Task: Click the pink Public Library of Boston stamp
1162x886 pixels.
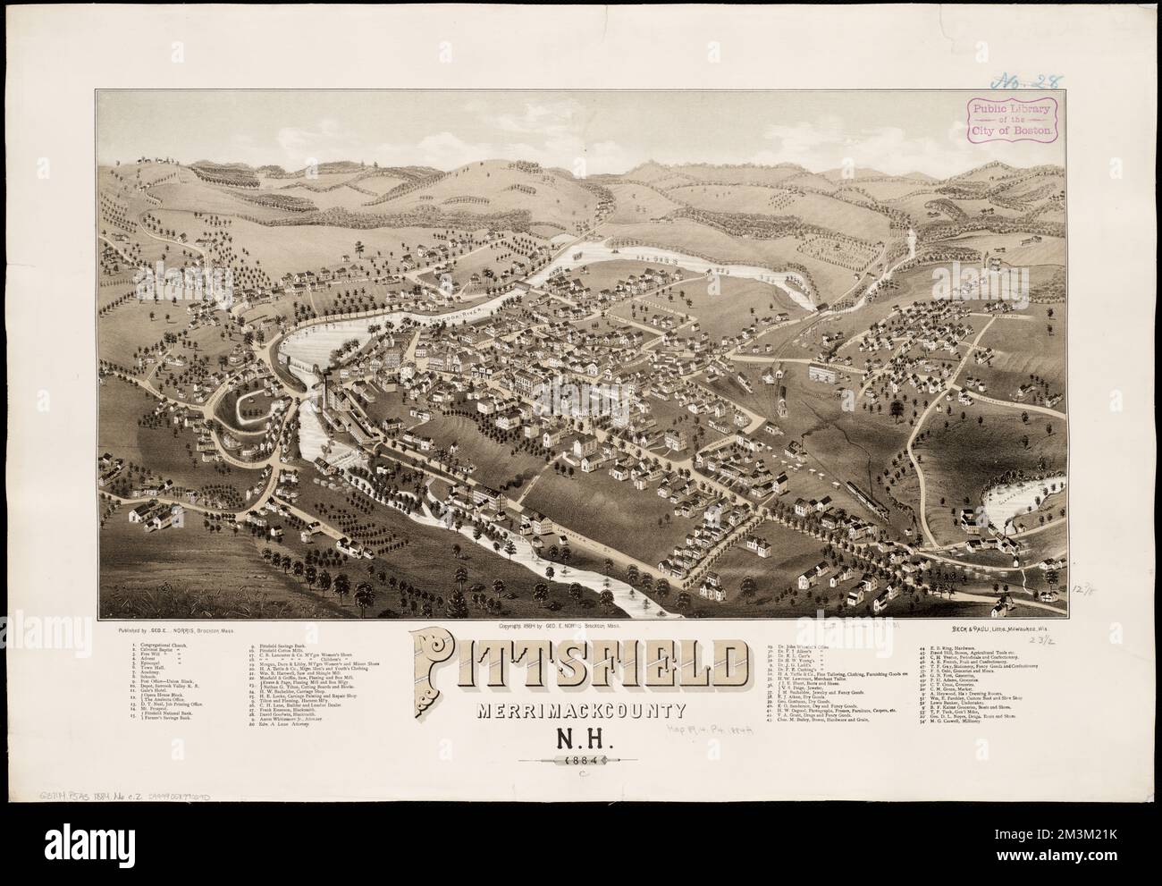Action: pyautogui.click(x=1010, y=117)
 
